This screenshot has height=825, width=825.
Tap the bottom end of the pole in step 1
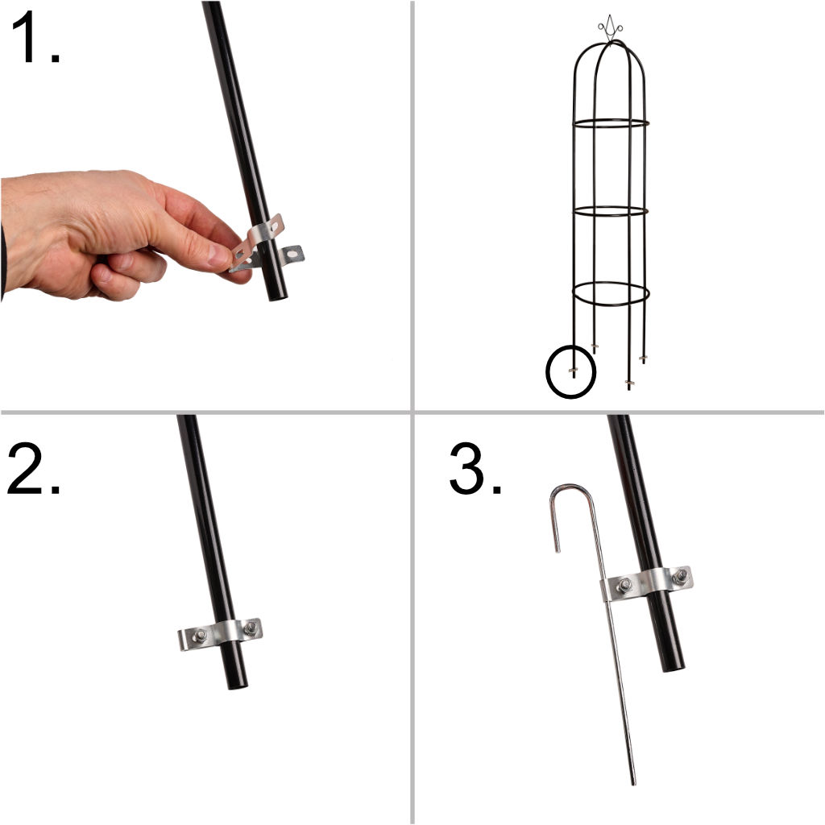(x=277, y=294)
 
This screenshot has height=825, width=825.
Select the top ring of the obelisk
(x=610, y=123)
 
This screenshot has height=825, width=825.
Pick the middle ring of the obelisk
(x=610, y=211)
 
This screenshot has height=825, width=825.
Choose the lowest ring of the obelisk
(x=610, y=293)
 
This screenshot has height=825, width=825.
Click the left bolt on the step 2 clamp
(x=199, y=636)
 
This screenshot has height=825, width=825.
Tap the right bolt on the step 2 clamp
(x=250, y=628)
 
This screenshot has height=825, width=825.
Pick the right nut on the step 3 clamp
(x=681, y=576)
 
